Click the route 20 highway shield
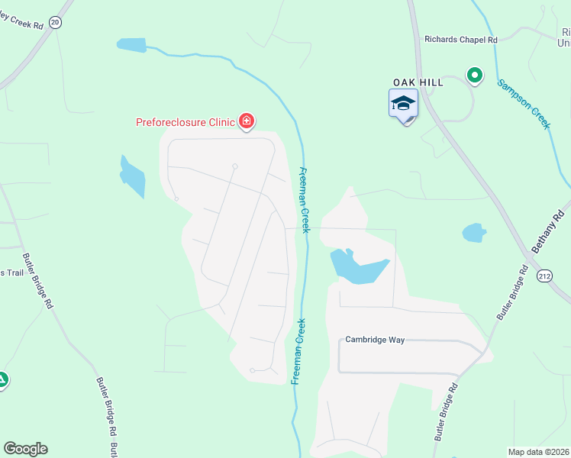54,22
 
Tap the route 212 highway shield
544,275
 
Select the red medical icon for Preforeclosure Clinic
246,121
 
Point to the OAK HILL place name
418,82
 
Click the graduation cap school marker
403,104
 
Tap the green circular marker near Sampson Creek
474,75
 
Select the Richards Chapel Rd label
460,40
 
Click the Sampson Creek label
523,104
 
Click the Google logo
25,449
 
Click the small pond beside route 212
474,232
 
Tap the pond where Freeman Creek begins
131,45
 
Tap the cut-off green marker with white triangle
2,379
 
